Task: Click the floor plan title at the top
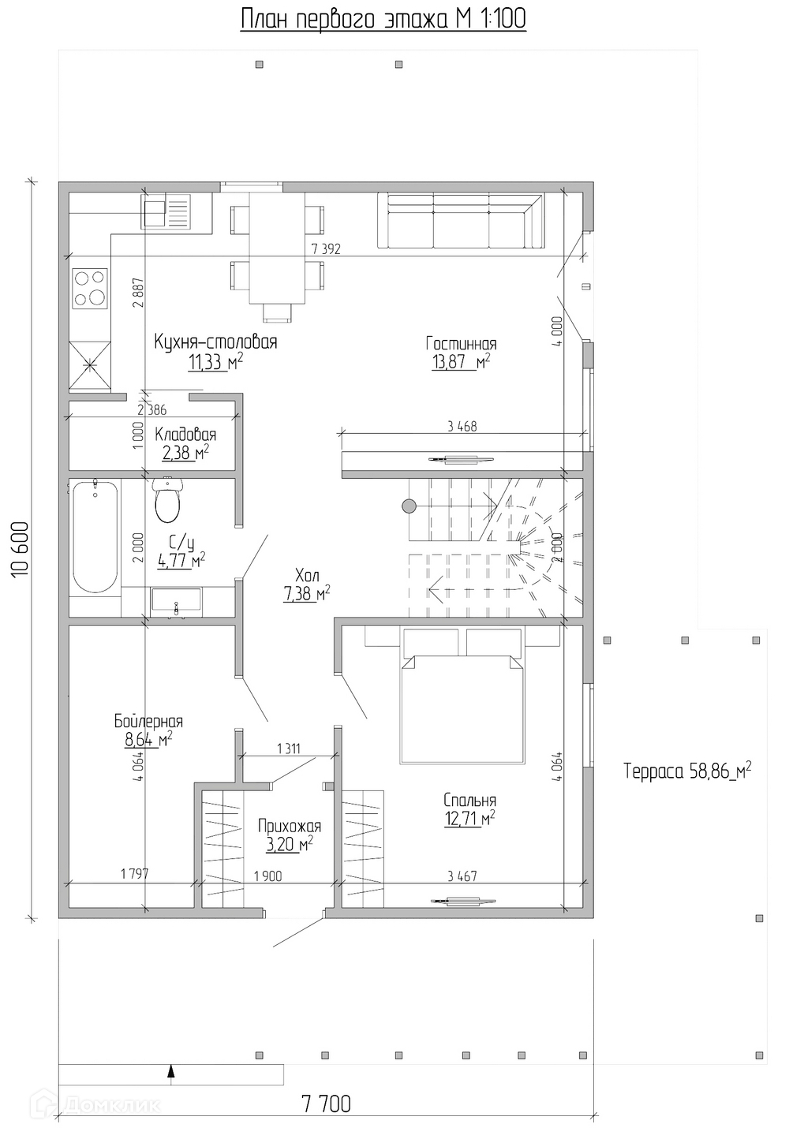tap(383, 19)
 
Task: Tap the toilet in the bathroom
tap(168, 502)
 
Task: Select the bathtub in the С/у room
tap(95, 538)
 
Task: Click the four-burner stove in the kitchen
tap(89, 289)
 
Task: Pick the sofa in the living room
tap(461, 222)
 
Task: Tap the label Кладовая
tap(185, 435)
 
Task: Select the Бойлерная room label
tap(148, 722)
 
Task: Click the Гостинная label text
tap(461, 344)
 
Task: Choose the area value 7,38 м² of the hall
tap(306, 594)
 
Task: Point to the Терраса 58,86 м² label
tap(686, 771)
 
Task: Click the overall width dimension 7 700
tap(326, 1104)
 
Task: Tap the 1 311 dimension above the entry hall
tap(288, 749)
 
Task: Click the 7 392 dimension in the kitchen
tap(326, 249)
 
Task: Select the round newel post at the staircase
tap(409, 506)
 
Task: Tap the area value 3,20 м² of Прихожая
tap(286, 842)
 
